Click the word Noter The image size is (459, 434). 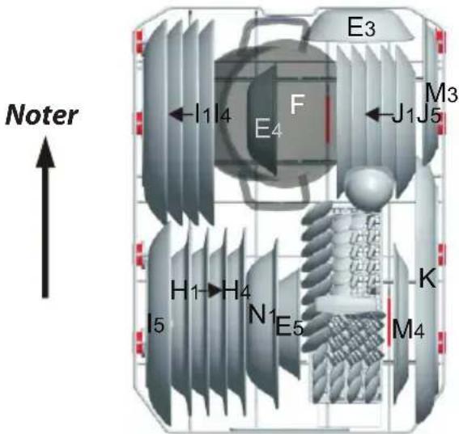pos(41,116)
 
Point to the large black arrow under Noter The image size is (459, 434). pos(45,217)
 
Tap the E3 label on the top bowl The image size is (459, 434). pos(361,27)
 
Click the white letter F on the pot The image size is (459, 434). pos(297,104)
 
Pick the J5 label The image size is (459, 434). pos(429,116)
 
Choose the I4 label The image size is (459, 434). pos(223,116)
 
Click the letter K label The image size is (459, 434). pos(427,279)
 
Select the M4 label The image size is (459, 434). pos(408,329)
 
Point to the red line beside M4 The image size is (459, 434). pos(389,322)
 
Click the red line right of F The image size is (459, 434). pos(328,119)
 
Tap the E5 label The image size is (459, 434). pos(290,327)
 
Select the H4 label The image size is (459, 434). pos(236,290)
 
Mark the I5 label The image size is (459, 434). pos(156,323)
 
